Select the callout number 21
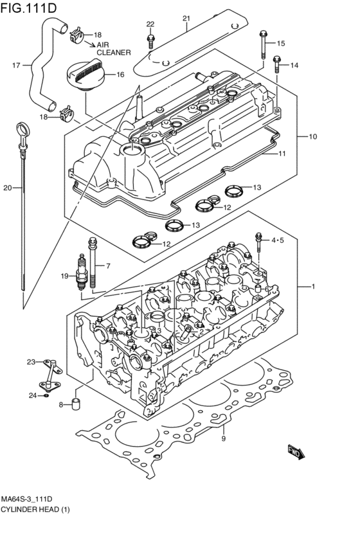pos(186,19)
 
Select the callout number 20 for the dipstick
pos(8,188)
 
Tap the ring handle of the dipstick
pos(23,131)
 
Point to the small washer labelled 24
pos(47,395)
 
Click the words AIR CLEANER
pos(114,49)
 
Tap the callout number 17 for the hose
pos(17,65)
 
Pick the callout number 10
pos(313,137)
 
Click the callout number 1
pos(313,286)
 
